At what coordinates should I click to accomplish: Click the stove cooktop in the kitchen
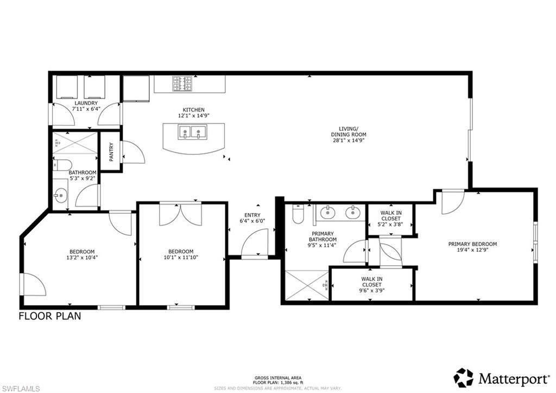tap(181, 84)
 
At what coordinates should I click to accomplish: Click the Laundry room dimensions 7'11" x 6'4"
tap(86, 109)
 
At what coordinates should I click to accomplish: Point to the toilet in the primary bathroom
tap(298, 216)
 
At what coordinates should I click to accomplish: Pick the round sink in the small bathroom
tap(60, 194)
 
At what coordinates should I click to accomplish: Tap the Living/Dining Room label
tap(349, 134)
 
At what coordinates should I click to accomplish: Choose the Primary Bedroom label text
tap(472, 244)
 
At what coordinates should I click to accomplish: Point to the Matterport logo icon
tap(463, 377)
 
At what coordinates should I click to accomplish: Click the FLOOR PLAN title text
tap(50, 316)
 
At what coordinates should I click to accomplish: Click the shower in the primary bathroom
tap(305, 284)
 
